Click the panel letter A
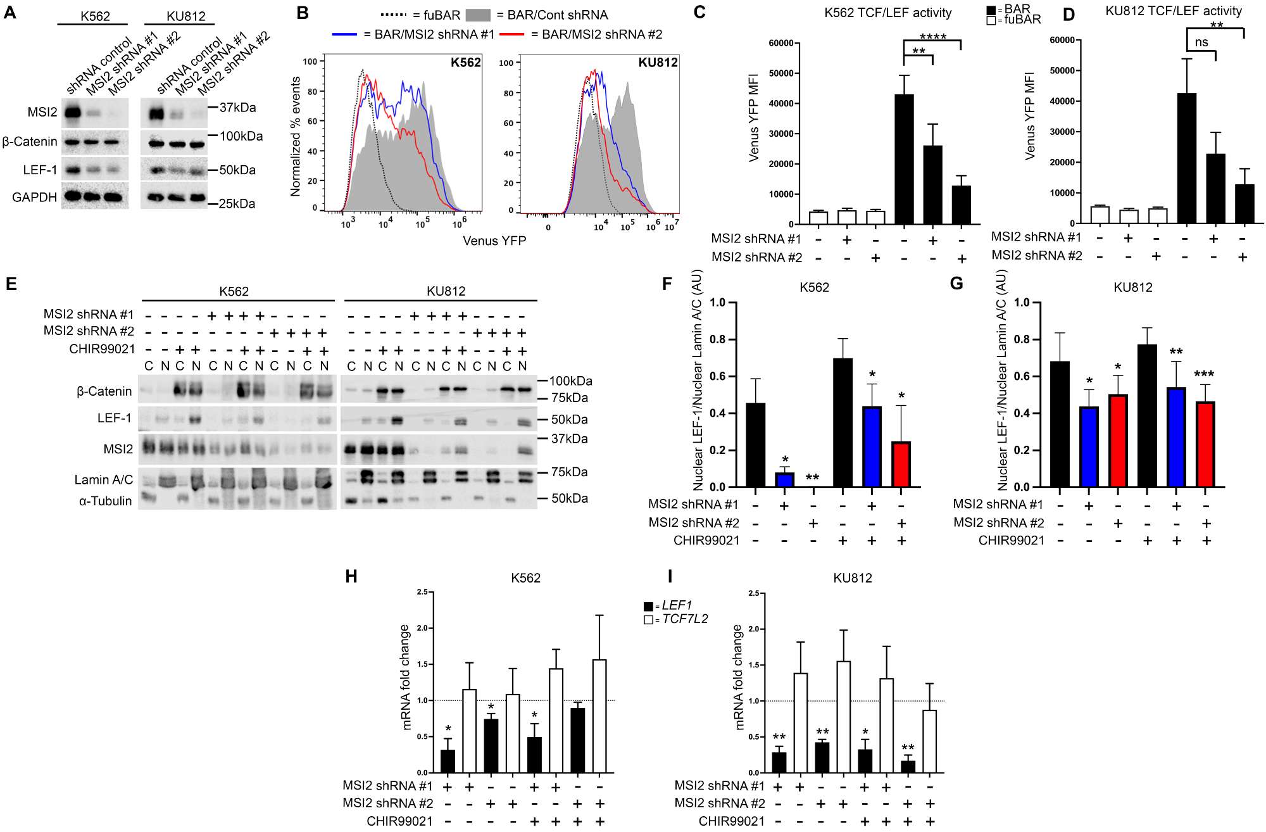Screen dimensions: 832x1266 pyautogui.click(x=10, y=13)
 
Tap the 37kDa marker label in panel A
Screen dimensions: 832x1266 pyautogui.click(x=237, y=108)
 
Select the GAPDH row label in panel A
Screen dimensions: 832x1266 pyautogui.click(x=35, y=198)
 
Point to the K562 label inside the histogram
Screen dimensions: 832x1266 pyautogui.click(x=465, y=63)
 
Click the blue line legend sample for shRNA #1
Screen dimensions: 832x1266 pyautogui.click(x=345, y=34)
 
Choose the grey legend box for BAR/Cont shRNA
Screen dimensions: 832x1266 pyautogui.click(x=478, y=15)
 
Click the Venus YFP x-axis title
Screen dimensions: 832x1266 pyautogui.click(x=494, y=241)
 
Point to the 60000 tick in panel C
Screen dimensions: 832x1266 pyautogui.click(x=781, y=43)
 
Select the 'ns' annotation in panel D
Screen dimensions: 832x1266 pyautogui.click(x=1201, y=43)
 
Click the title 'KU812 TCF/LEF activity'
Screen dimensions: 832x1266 pyautogui.click(x=1174, y=11)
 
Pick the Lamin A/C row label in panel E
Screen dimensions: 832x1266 pyautogui.click(x=103, y=480)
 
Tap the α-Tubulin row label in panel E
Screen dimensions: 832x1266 pyautogui.click(x=105, y=501)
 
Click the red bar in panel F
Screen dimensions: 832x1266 pyautogui.click(x=901, y=465)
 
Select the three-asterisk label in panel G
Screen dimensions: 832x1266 pyautogui.click(x=1204, y=375)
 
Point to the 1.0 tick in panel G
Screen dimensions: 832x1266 pyautogui.click(x=1022, y=303)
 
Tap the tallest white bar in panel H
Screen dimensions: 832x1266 pyautogui.click(x=599, y=716)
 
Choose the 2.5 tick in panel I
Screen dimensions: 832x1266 pyautogui.click(x=754, y=593)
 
